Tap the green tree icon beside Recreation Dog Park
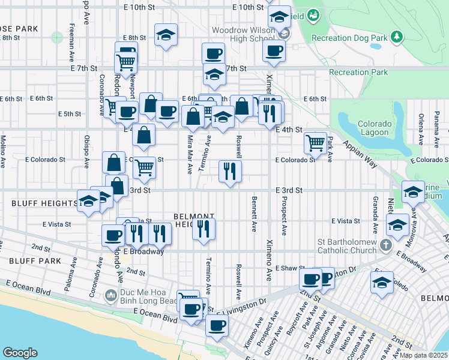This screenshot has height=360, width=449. tap(397, 38)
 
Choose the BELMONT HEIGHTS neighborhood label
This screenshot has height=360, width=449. tap(193, 220)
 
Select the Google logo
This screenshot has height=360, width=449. tap(20, 352)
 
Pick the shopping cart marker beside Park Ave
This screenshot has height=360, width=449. tap(315, 142)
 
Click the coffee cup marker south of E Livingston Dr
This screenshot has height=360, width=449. tap(217, 326)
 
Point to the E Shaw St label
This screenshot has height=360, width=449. tap(291, 268)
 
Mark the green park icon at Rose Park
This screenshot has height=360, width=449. tap(57, 37)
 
